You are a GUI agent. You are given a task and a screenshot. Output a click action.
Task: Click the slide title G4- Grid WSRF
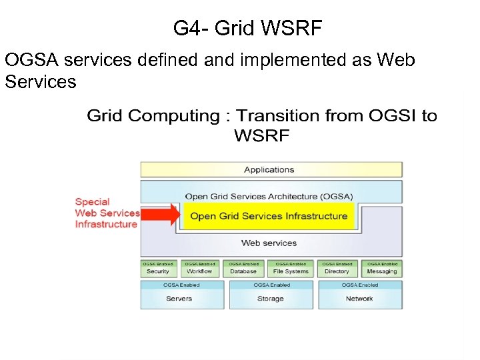coord(247,28)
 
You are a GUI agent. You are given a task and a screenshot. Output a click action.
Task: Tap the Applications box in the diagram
coord(271,169)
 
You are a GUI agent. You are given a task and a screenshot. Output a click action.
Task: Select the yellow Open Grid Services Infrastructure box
coord(269,216)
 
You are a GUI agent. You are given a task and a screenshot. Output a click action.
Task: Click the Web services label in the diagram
coord(269,243)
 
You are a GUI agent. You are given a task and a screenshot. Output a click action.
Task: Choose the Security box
coord(158,269)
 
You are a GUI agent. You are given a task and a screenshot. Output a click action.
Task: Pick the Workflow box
coord(199,269)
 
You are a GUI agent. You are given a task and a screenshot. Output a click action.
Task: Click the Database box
coord(243,269)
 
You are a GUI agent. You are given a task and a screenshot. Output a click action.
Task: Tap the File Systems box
coord(291,269)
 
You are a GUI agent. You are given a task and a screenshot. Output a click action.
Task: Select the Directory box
coord(337,269)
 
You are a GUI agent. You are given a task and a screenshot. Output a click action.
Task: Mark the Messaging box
coord(382,269)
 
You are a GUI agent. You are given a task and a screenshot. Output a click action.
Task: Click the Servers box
coord(181,295)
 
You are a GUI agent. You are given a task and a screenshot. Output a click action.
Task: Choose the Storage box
coord(271,295)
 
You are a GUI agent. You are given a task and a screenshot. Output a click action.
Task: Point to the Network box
coord(360,295)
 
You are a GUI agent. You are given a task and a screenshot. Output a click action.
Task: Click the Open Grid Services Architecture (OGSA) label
coord(269,197)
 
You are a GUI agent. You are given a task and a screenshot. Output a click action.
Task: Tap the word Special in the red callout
coord(92,201)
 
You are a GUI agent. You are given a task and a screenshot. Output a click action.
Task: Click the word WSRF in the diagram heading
coord(261,136)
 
